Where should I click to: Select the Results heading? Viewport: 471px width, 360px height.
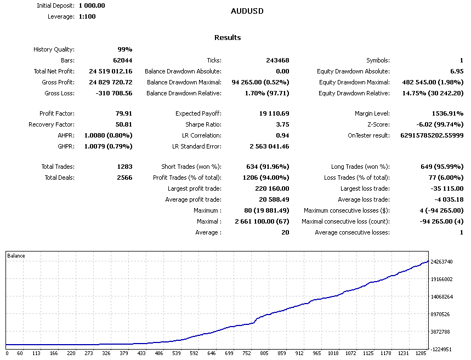228,38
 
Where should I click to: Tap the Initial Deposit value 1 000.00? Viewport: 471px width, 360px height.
92,5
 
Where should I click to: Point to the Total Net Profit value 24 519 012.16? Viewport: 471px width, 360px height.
111,71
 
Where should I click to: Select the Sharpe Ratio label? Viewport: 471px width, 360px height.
203,124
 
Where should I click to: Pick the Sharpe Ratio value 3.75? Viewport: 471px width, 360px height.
281,124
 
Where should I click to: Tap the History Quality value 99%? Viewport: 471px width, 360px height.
124,49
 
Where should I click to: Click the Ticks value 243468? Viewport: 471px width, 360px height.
276,60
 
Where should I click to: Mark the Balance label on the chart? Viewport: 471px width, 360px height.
16,256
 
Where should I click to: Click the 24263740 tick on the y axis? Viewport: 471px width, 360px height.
442,262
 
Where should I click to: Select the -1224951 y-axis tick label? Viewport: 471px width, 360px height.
441,349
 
